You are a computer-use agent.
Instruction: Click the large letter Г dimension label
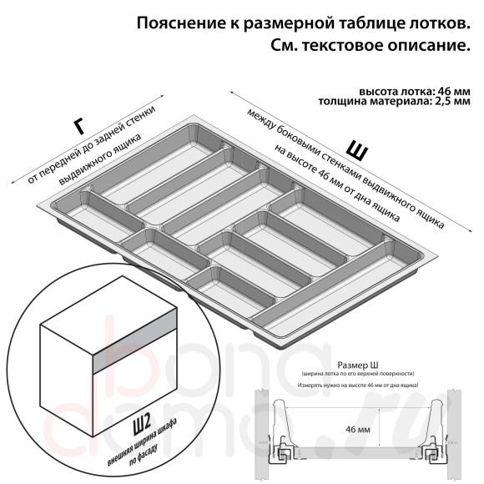[x=78, y=126]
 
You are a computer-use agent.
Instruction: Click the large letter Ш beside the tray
[x=357, y=149]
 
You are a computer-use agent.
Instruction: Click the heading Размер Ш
[x=360, y=366]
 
